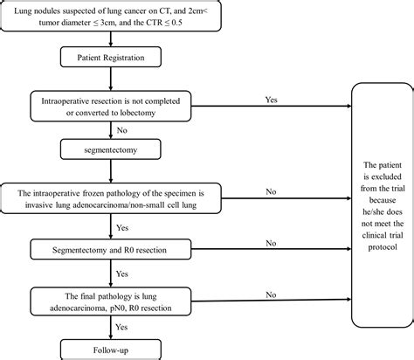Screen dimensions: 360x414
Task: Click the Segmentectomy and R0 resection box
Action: [111, 251]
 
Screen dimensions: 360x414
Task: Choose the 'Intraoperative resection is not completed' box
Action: [110, 107]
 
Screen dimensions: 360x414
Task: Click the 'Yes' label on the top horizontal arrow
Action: [273, 100]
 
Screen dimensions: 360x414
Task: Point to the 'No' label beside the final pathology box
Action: [272, 294]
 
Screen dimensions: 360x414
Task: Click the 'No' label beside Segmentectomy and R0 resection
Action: [272, 242]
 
